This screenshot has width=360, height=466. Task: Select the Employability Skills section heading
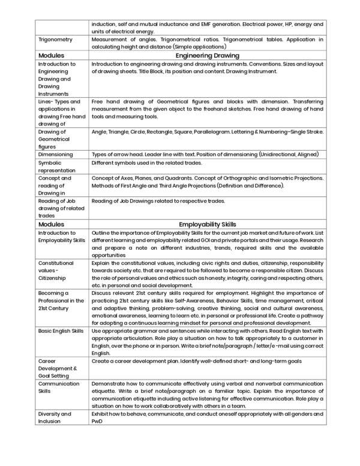pos(208,222)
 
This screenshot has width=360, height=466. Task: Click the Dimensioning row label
pos(55,154)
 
